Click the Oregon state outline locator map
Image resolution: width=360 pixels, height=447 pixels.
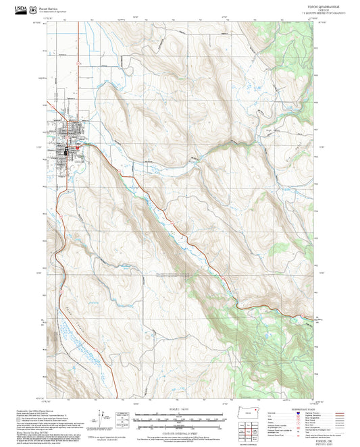tap(253, 413)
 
